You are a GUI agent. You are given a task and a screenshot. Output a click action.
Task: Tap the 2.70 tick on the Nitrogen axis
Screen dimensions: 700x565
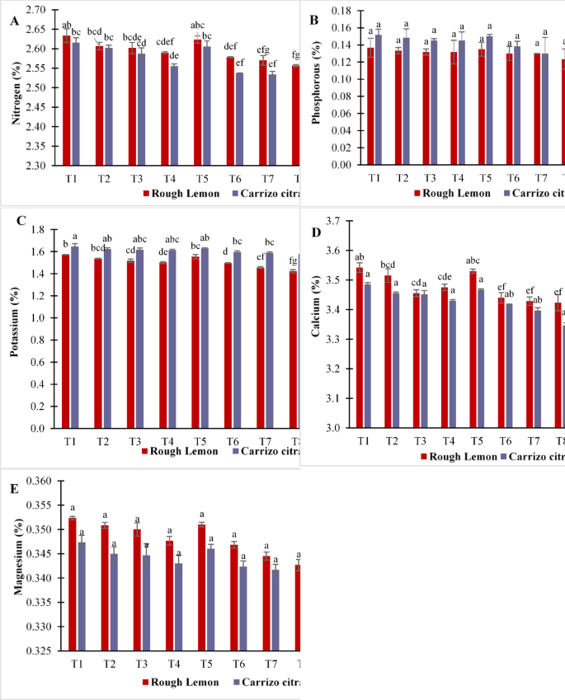[37, 10]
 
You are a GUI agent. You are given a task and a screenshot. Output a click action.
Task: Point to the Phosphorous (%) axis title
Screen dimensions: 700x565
[316, 87]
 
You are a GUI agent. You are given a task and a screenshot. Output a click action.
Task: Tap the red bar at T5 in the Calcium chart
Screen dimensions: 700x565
[473, 349]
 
